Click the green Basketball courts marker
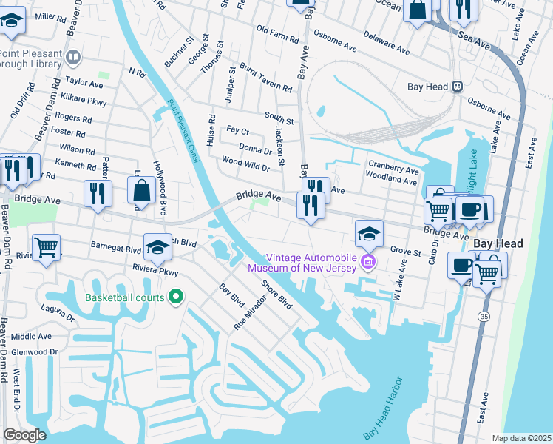pos(175,297)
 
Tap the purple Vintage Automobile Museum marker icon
pos(368,261)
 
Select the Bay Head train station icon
pos(458,86)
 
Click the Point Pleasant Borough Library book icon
pos(73,57)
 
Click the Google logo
pos(24,435)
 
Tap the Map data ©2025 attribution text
pos(520,438)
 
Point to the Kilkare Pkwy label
pos(85,99)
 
